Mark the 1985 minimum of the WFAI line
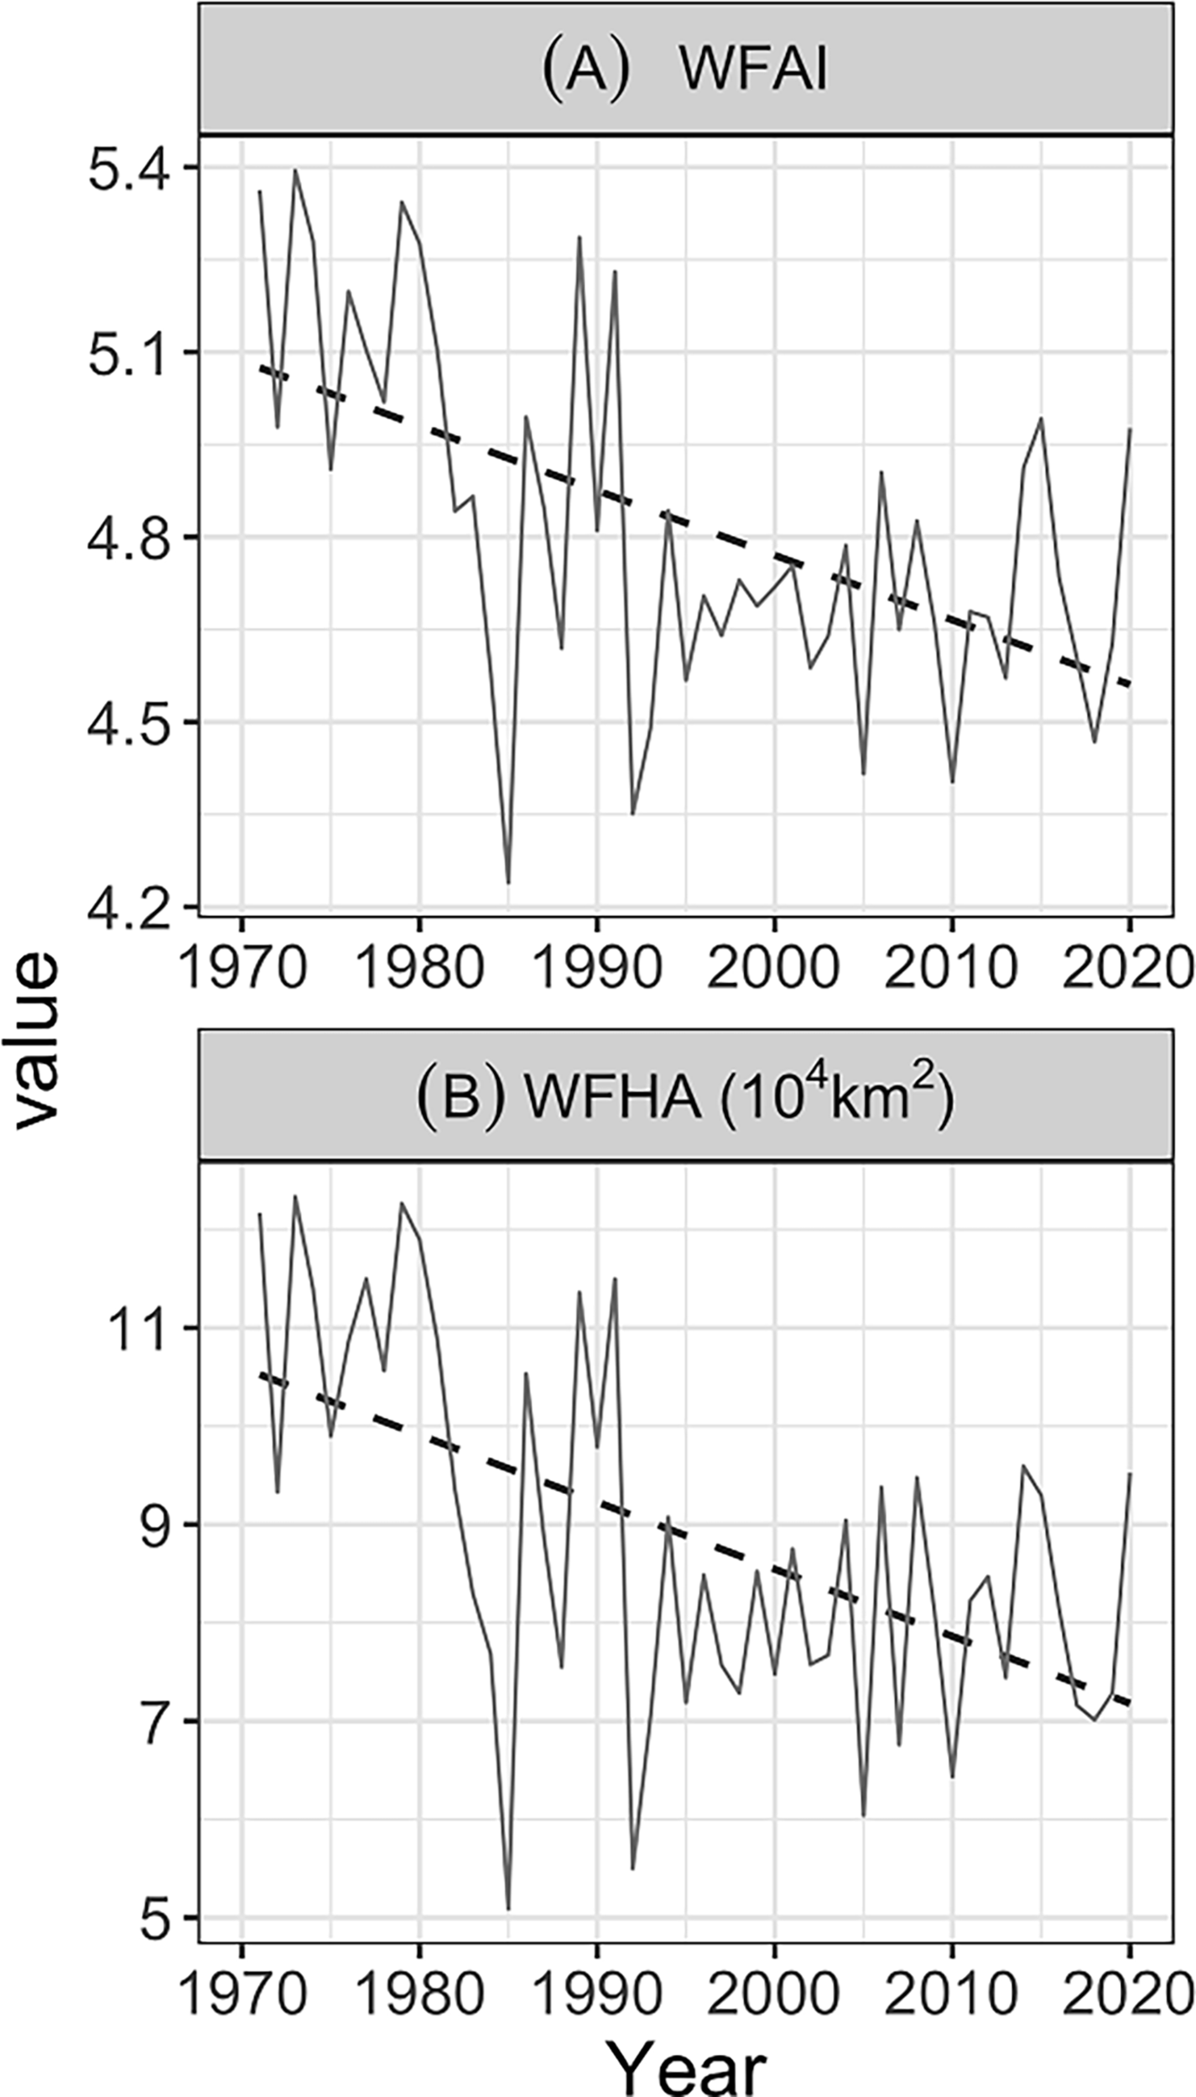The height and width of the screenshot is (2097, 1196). [508, 882]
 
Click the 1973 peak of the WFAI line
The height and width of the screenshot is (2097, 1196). [295, 170]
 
